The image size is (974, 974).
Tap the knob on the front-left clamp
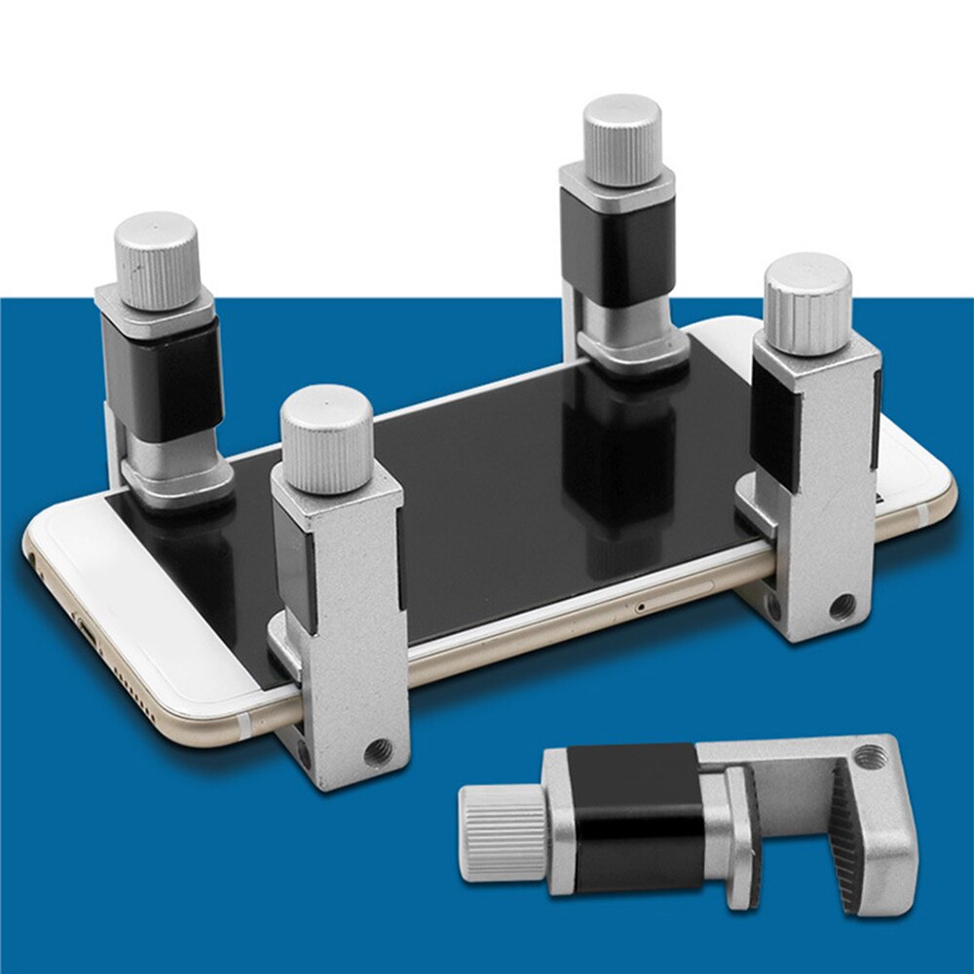pos(326,438)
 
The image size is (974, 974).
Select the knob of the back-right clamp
pos(622,139)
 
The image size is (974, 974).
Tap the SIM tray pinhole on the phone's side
pos(639,607)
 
